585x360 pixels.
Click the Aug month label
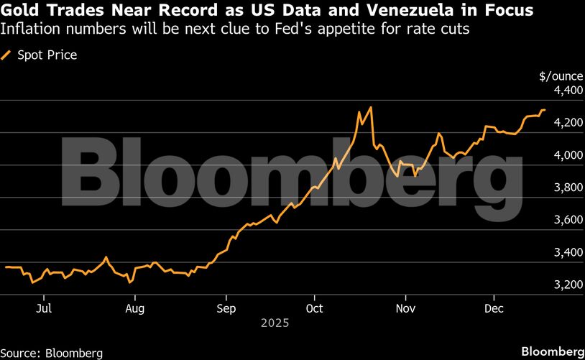[x=135, y=308]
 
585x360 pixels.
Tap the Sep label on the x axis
[x=226, y=308]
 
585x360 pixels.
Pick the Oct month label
[x=315, y=308]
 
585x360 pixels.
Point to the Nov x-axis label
[x=406, y=308]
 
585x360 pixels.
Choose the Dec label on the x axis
[x=494, y=308]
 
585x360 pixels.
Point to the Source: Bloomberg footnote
[x=52, y=352]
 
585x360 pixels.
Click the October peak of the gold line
[x=370, y=108]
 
